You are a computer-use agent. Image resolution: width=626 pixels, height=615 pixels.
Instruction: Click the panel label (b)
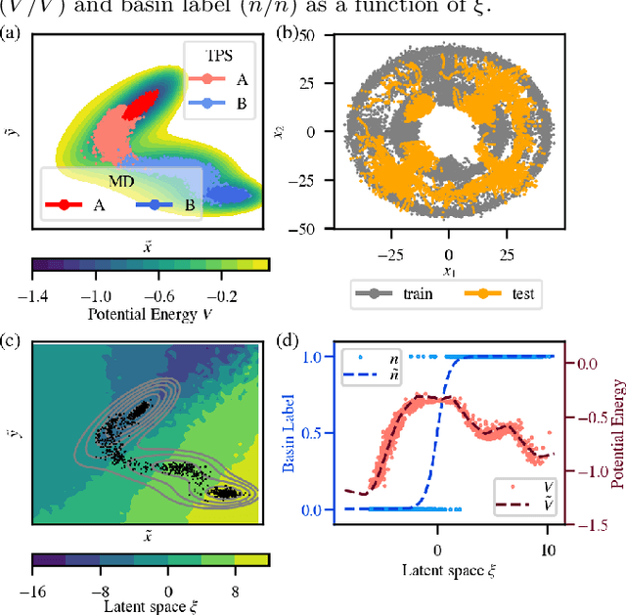(x=287, y=36)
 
